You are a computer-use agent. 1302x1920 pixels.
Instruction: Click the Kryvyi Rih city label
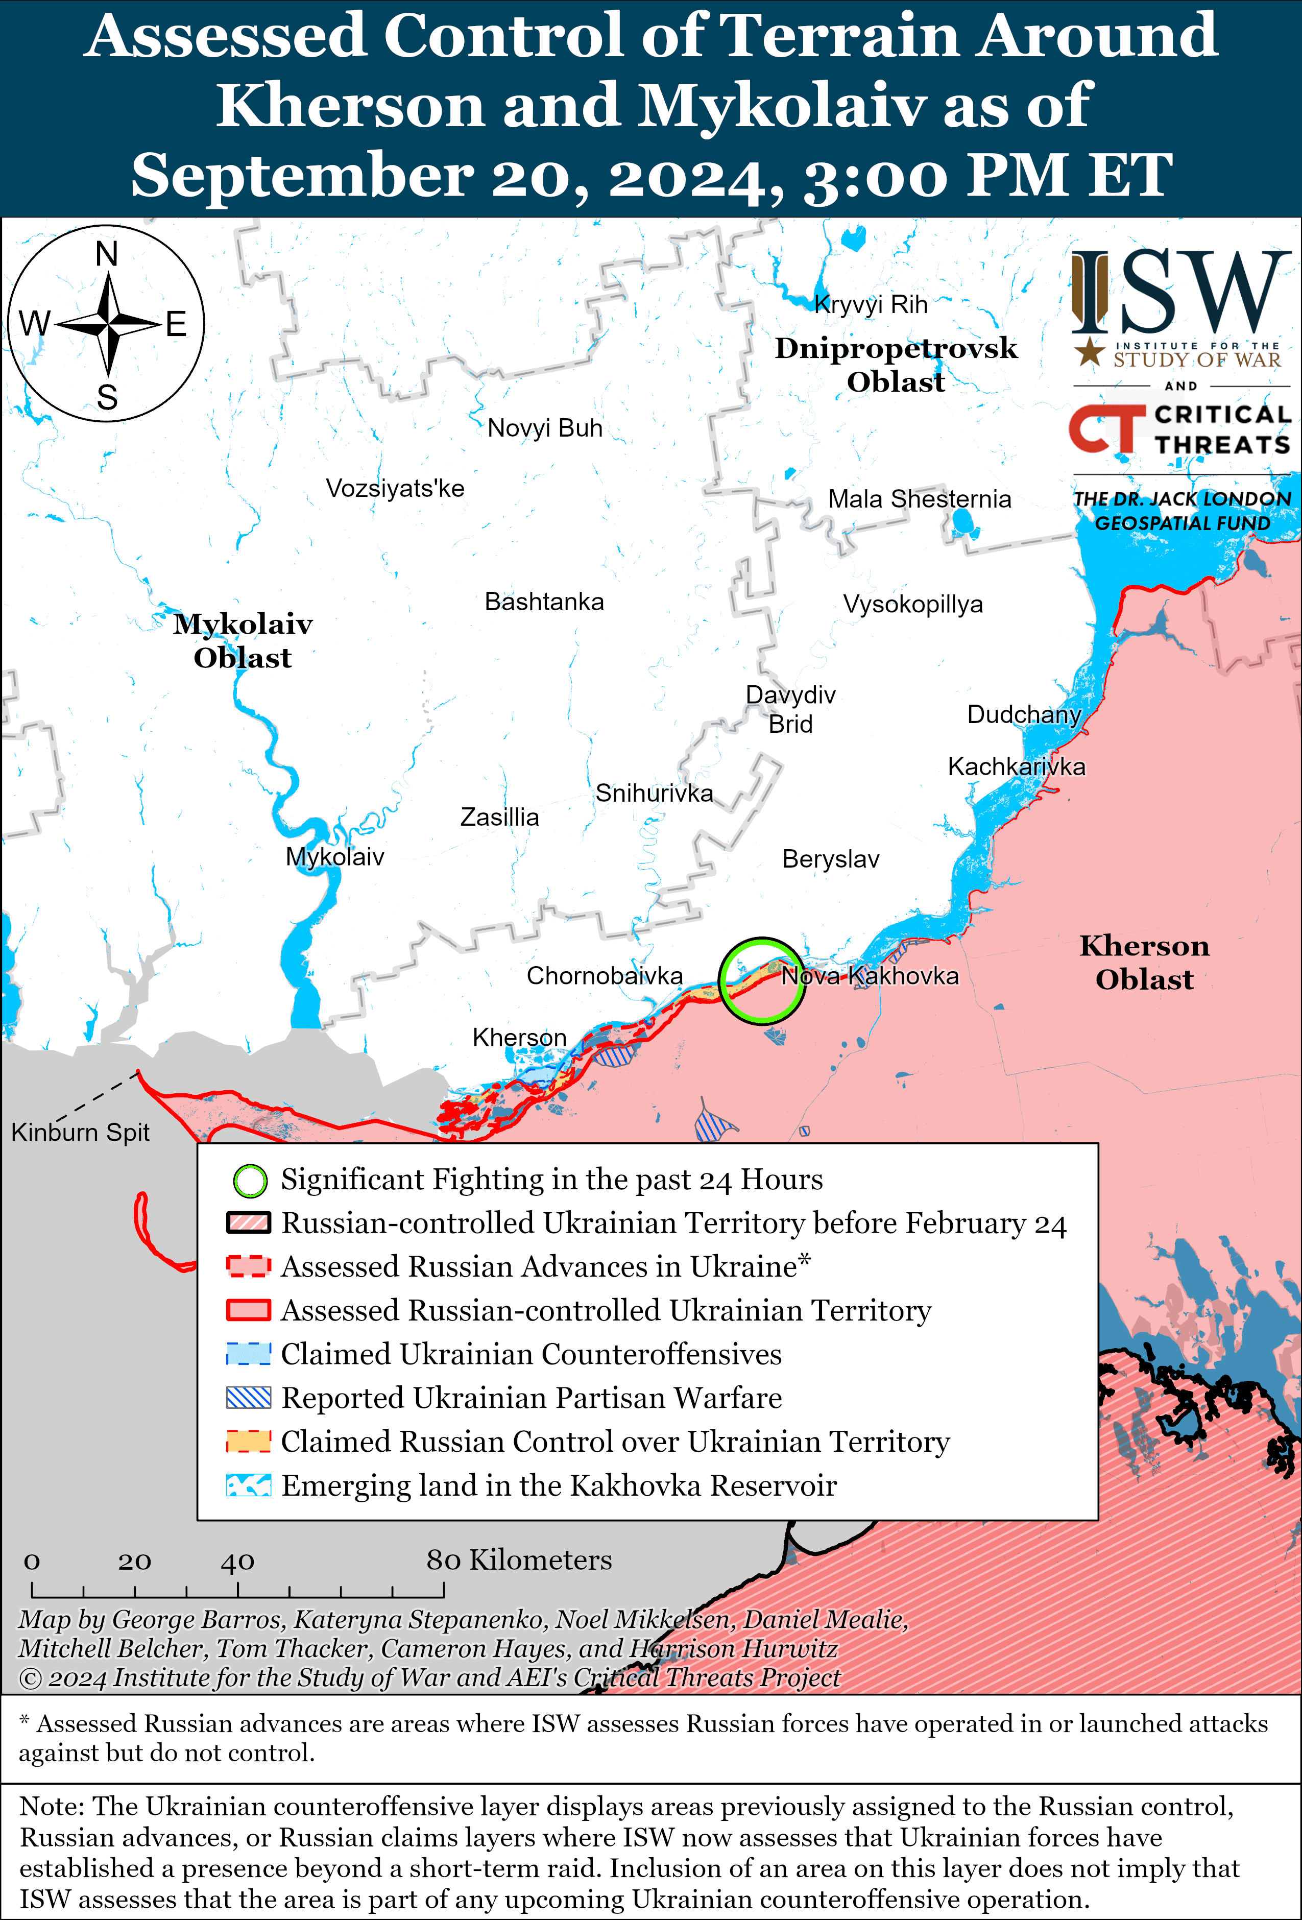[871, 305]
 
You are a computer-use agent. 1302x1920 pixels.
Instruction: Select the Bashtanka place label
[544, 602]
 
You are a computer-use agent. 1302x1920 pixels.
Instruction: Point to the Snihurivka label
[654, 793]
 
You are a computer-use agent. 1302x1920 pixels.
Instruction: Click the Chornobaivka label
[605, 976]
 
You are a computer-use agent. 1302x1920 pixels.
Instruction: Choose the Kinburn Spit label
[80, 1132]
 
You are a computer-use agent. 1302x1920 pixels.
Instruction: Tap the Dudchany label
[1024, 714]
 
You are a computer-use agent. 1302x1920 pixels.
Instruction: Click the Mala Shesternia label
[920, 499]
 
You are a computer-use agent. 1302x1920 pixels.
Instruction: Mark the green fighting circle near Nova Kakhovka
[761, 980]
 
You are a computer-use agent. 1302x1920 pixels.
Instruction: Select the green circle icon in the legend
[250, 1181]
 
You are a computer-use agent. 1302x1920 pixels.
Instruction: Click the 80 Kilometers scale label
[519, 1560]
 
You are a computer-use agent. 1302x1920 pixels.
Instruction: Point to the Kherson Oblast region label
[1144, 963]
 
